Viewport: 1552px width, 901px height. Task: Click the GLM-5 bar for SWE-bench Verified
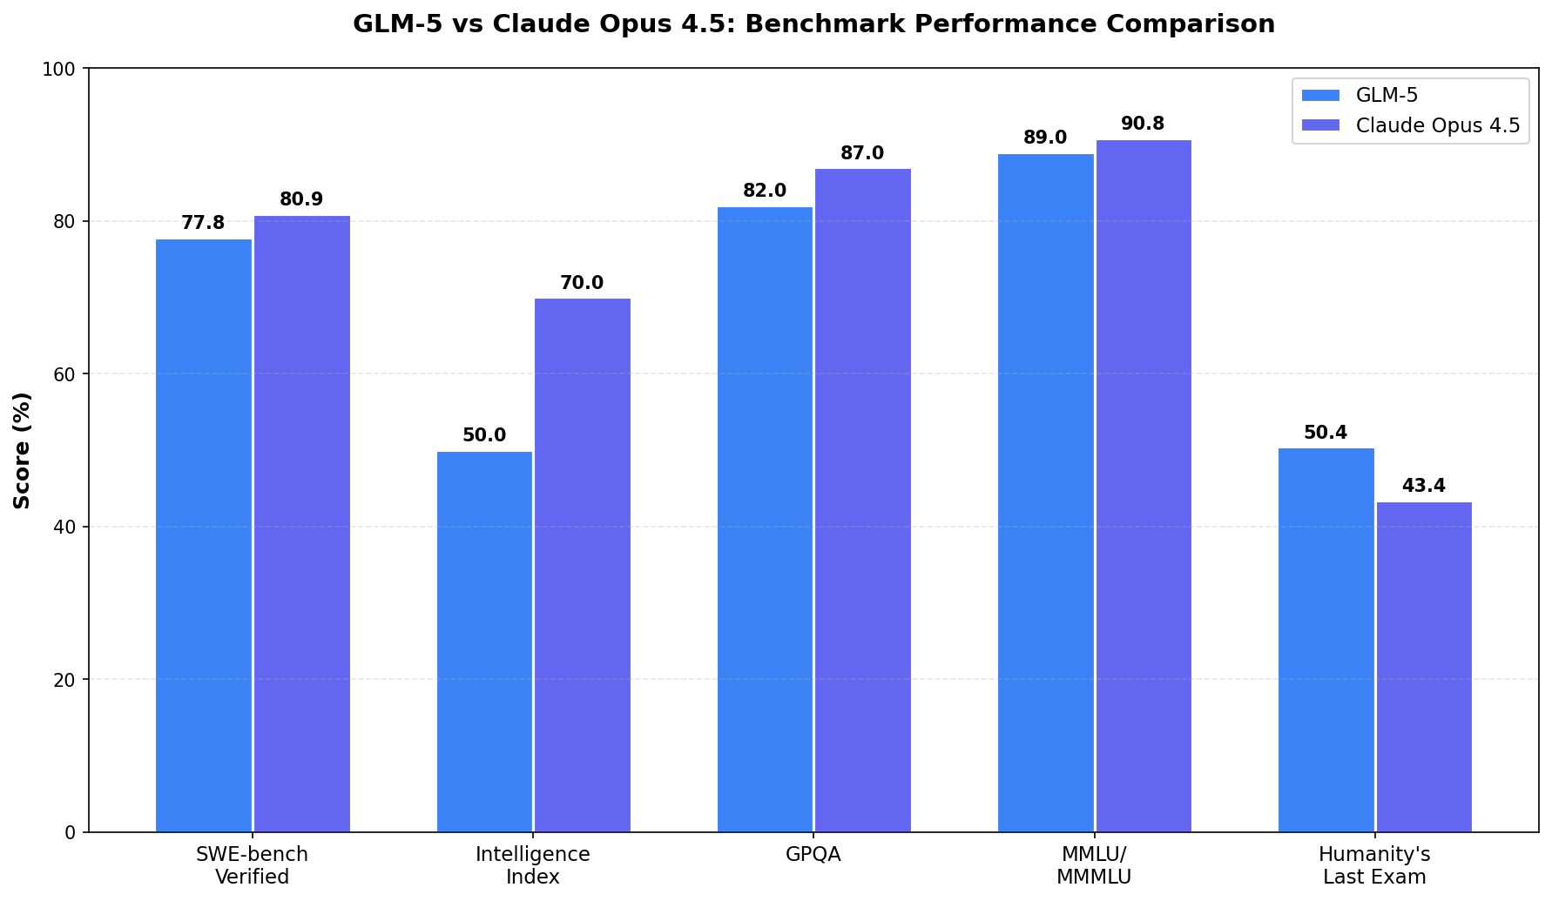(204, 535)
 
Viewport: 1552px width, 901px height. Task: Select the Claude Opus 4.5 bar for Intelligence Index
(582, 565)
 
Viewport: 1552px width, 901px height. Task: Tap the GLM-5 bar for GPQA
(765, 520)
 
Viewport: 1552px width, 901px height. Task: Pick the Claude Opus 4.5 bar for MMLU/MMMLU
(1143, 486)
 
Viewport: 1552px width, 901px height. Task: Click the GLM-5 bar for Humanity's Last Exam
(1326, 640)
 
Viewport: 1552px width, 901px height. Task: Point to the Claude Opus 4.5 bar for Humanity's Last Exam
(1424, 667)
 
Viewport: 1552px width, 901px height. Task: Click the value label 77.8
(203, 223)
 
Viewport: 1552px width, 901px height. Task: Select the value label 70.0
(582, 283)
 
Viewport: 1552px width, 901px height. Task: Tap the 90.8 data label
(1143, 124)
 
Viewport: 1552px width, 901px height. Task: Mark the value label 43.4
(1424, 486)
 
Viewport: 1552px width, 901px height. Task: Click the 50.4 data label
(1326, 433)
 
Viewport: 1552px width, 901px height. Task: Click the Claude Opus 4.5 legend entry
(1411, 125)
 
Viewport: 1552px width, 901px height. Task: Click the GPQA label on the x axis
(813, 855)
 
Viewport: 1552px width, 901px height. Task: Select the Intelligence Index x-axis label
(533, 865)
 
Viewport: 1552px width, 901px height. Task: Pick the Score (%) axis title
(23, 450)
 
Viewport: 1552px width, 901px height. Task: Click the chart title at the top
(813, 24)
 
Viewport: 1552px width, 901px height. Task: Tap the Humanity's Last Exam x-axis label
(1374, 865)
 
